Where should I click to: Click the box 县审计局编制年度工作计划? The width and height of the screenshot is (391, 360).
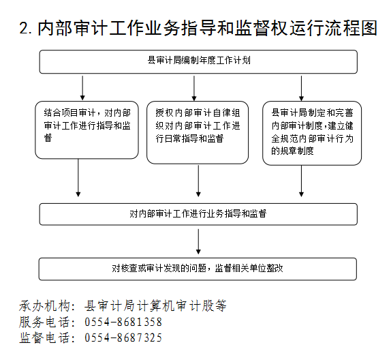pyautogui.click(x=198, y=61)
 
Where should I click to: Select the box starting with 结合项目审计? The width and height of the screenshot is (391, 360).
pyautogui.click(x=87, y=130)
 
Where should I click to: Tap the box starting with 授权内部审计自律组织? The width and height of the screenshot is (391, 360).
pyautogui.click(x=198, y=132)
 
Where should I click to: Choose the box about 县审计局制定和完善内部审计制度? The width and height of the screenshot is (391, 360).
pyautogui.click(x=312, y=133)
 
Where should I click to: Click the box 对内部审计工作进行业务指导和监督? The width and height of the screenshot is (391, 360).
pyautogui.click(x=198, y=214)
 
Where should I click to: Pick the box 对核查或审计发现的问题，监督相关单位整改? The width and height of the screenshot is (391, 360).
pyautogui.click(x=198, y=269)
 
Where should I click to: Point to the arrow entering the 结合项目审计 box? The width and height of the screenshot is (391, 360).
pyautogui.click(x=82, y=88)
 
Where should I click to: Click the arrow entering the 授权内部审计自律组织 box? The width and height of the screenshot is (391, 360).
pyautogui.click(x=194, y=89)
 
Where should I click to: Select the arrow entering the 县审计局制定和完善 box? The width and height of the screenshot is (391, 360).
pyautogui.click(x=301, y=89)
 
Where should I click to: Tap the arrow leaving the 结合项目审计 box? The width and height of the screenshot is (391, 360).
pyautogui.click(x=78, y=178)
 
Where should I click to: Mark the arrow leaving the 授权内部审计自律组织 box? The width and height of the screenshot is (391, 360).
pyautogui.click(x=198, y=181)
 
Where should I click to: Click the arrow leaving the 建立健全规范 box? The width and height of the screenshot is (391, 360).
pyautogui.click(x=301, y=181)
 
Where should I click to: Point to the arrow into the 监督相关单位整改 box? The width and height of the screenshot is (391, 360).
pyautogui.click(x=198, y=241)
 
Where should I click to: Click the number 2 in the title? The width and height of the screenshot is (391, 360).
pyautogui.click(x=24, y=28)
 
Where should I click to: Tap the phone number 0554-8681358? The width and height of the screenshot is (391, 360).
pyautogui.click(x=123, y=322)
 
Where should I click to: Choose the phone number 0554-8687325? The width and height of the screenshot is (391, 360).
pyautogui.click(x=123, y=337)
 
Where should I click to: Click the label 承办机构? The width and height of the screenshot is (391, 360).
pyautogui.click(x=44, y=306)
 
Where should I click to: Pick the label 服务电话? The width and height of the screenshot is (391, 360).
pyautogui.click(x=44, y=322)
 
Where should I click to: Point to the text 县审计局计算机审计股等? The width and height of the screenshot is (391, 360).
pyautogui.click(x=155, y=306)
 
